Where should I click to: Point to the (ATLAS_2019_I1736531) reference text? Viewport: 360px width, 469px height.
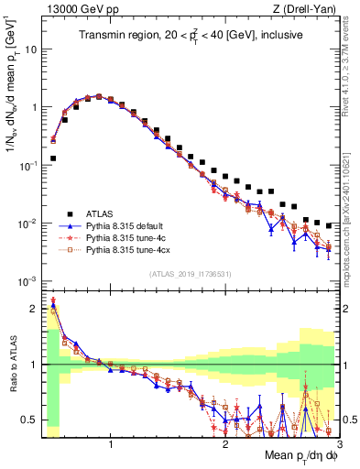tap(190, 274)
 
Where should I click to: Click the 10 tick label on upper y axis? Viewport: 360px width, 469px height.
tap(29, 49)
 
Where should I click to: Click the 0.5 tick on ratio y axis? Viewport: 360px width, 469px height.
tap(29, 420)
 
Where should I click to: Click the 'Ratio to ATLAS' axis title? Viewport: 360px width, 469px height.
tap(11, 365)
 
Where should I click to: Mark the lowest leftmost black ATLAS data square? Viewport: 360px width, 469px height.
tap(53, 158)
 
